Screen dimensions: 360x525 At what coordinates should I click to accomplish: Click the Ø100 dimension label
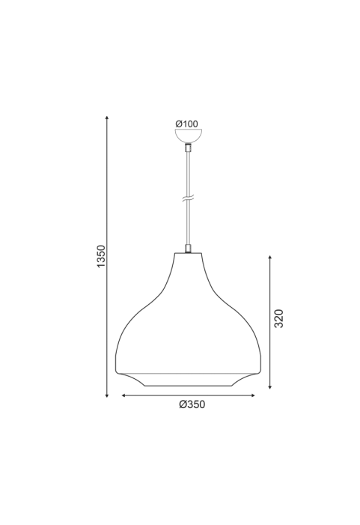tap(186, 124)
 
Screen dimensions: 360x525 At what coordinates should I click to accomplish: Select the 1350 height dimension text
tap(101, 256)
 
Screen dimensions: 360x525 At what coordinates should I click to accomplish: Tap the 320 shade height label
tap(278, 319)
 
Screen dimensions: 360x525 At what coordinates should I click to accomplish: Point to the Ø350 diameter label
tap(192, 405)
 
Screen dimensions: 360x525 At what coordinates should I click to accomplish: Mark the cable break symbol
tap(189, 199)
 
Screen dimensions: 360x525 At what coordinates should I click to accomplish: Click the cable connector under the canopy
tap(189, 148)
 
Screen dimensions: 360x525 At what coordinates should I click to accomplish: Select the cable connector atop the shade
tap(189, 249)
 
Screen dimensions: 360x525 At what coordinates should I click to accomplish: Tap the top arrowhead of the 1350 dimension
tap(107, 117)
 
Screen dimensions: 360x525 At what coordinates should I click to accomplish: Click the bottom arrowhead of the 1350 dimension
tap(107, 395)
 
